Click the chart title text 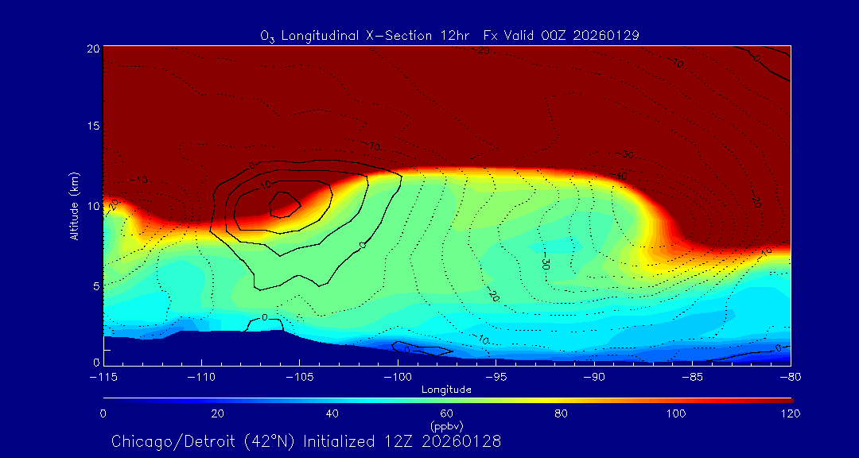tap(449, 35)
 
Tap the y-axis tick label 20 tap(93, 49)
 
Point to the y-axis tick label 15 tap(93, 127)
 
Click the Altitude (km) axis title tap(74, 206)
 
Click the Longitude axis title tap(447, 390)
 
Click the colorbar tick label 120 tap(791, 413)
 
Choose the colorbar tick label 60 tap(447, 413)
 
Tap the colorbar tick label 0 tap(103, 413)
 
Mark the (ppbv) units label tap(446, 425)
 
